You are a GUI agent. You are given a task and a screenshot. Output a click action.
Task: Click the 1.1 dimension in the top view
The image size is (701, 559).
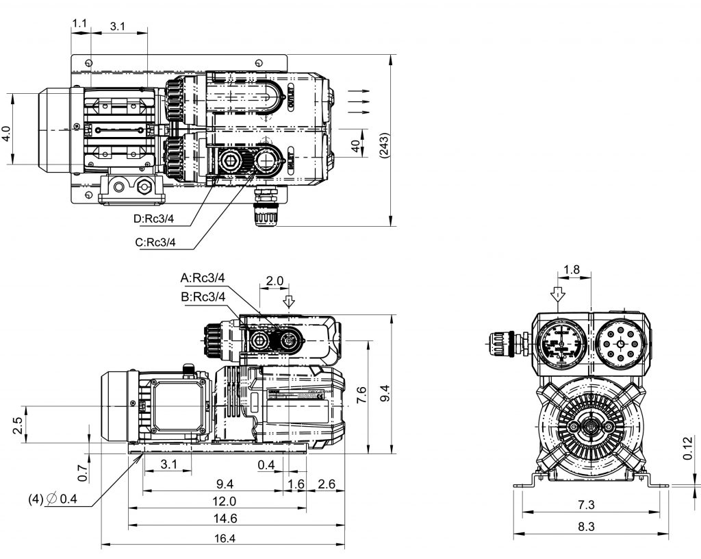pos(79,24)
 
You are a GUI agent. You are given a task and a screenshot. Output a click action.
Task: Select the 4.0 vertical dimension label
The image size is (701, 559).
pos(6,133)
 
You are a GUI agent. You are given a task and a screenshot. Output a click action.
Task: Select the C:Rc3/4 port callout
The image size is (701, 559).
pos(155,242)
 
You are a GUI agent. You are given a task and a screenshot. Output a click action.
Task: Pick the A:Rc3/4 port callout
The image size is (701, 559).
pos(203,277)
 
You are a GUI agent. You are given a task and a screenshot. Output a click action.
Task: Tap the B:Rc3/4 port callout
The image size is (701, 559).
pos(203,297)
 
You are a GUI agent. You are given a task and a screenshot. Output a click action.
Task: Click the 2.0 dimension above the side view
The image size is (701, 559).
pos(274,282)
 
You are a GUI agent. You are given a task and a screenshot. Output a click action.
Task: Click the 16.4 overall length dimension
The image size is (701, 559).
pos(224,538)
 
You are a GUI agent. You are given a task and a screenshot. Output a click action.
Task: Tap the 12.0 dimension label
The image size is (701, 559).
pos(224,501)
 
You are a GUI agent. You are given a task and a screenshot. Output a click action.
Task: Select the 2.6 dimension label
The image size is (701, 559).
pos(327,484)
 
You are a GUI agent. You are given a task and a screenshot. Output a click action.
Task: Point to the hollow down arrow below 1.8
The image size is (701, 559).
pos(558,294)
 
